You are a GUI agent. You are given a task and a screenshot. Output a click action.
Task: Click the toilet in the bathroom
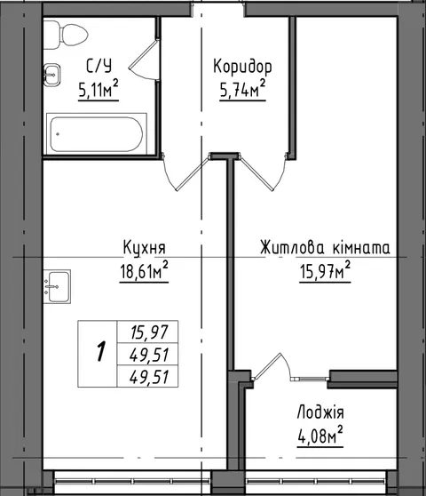tap(66, 35)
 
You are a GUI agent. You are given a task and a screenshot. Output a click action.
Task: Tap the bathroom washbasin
tap(51, 75)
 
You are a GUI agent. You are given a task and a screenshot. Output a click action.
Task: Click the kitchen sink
tap(57, 286)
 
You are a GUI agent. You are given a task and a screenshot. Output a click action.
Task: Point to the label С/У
tap(99, 67)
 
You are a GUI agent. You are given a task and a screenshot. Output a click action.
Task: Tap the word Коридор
tap(242, 68)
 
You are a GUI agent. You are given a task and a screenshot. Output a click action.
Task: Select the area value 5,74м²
tap(242, 89)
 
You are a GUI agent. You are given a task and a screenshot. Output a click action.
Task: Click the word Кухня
tap(145, 247)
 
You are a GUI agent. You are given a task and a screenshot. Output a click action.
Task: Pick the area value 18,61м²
tap(144, 270)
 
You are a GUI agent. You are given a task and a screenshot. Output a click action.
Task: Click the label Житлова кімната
tap(325, 247)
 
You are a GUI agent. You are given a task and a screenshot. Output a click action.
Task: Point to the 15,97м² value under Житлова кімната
tap(325, 270)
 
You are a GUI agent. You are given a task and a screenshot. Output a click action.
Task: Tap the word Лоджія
tap(320, 412)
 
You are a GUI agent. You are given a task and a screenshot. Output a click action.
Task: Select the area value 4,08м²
tap(320, 436)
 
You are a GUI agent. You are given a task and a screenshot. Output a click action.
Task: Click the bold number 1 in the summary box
tap(101, 351)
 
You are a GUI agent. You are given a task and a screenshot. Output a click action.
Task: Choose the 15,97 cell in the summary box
tap(149, 332)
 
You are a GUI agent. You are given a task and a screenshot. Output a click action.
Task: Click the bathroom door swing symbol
tap(143, 60)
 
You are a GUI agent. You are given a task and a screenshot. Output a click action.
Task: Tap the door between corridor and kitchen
tap(185, 172)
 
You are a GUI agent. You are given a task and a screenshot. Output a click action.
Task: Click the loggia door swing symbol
tap(272, 365)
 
